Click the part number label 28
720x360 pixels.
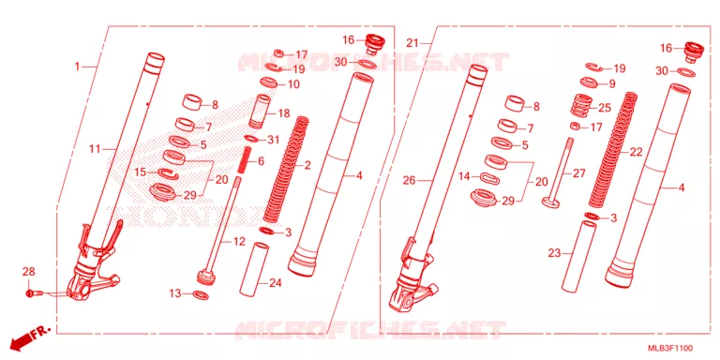pyautogui.click(x=28, y=272)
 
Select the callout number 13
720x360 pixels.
pyautogui.click(x=175, y=293)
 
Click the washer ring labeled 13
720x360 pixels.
pyautogui.click(x=201, y=294)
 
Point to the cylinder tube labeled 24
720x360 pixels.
pyautogui.click(x=254, y=270)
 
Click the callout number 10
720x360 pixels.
pyautogui.click(x=293, y=84)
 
